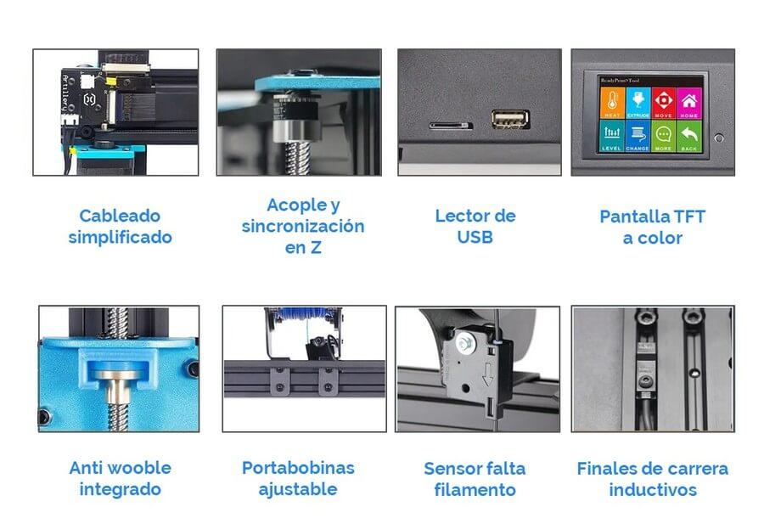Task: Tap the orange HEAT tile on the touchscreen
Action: pos(610,102)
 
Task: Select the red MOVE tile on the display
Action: pos(663,102)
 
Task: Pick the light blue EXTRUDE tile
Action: pos(637,102)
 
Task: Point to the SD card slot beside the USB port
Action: pos(450,125)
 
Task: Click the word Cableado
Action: pos(120,216)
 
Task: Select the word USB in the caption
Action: pos(475,237)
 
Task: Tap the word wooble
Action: pos(138,467)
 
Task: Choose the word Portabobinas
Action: pos(298,467)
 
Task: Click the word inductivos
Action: pos(653,489)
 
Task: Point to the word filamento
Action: pos(475,489)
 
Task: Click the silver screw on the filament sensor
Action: pos(465,344)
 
